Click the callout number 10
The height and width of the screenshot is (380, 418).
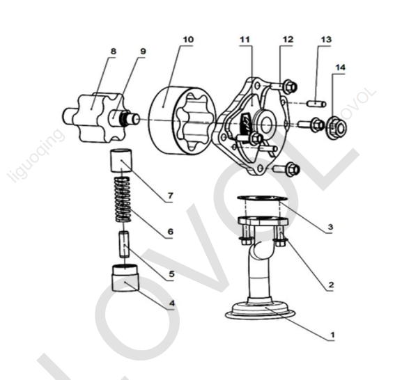(x=188, y=40)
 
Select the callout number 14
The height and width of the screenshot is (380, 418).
(x=340, y=68)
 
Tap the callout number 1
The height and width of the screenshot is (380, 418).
(x=332, y=335)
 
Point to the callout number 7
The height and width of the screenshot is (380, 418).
(x=171, y=196)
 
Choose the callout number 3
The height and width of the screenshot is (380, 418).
(x=330, y=227)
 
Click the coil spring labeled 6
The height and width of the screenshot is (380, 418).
(x=123, y=199)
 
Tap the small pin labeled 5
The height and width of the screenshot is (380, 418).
(x=124, y=244)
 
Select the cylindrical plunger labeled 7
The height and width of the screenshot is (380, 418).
(x=121, y=161)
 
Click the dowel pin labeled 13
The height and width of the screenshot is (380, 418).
(x=316, y=103)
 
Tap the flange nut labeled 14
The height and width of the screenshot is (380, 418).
(x=336, y=127)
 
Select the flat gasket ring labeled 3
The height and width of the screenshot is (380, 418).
(x=263, y=198)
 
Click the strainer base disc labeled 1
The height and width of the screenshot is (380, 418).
(x=261, y=311)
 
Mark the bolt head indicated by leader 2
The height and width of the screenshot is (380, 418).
(x=279, y=242)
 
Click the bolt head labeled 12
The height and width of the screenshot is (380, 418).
(x=290, y=86)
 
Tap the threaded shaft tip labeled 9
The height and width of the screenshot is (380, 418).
(x=132, y=118)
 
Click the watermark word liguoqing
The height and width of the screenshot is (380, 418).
(x=36, y=155)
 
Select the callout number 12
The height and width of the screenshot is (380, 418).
(x=287, y=40)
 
